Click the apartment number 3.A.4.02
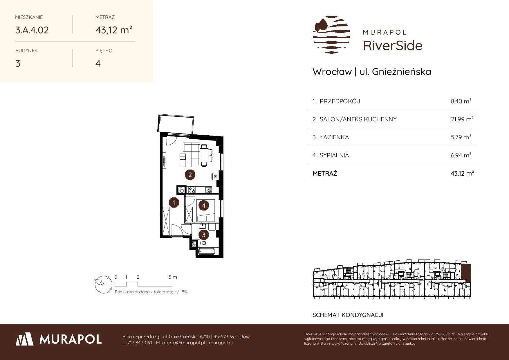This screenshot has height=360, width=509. (32, 30)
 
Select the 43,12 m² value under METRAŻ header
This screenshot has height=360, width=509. (114, 30)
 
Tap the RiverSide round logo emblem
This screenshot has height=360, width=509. (331, 35)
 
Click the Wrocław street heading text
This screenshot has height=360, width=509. (372, 71)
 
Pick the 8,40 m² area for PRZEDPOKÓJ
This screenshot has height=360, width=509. (461, 101)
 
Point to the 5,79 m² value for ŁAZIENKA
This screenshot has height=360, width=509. (461, 137)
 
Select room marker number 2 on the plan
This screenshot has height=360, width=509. (190, 175)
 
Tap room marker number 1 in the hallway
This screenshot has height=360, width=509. (174, 202)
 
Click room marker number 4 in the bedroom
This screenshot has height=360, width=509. (204, 206)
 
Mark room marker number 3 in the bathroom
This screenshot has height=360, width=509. (204, 235)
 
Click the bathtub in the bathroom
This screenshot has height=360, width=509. (206, 252)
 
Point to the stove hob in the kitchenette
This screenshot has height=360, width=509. (192, 190)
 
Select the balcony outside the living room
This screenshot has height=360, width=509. (176, 124)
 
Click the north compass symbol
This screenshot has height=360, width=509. (103, 284)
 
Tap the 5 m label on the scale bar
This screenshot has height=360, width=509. (173, 277)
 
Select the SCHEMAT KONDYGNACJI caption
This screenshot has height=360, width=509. (348, 315)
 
